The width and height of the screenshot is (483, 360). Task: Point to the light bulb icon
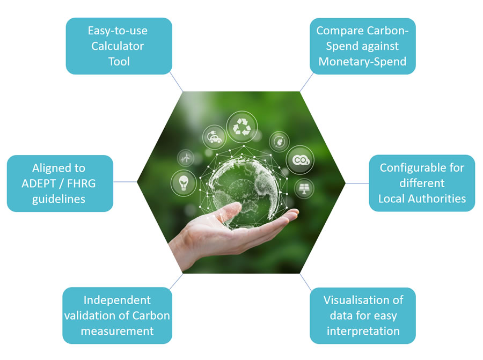pyautogui.click(x=182, y=183)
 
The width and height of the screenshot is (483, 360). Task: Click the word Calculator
pyautogui.click(x=119, y=46)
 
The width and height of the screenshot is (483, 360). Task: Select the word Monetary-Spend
pyautogui.click(x=362, y=62)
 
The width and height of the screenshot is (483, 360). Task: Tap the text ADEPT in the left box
pyautogui.click(x=41, y=183)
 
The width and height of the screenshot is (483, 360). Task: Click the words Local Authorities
pyautogui.click(x=422, y=199)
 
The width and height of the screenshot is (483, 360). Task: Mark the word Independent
pyautogui.click(x=117, y=300)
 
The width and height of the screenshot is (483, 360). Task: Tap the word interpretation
pyautogui.click(x=363, y=330)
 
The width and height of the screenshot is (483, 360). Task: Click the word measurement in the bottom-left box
pyautogui.click(x=117, y=331)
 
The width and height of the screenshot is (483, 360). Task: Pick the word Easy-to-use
pyautogui.click(x=119, y=30)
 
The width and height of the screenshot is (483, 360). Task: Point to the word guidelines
pyautogui.click(x=60, y=199)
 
